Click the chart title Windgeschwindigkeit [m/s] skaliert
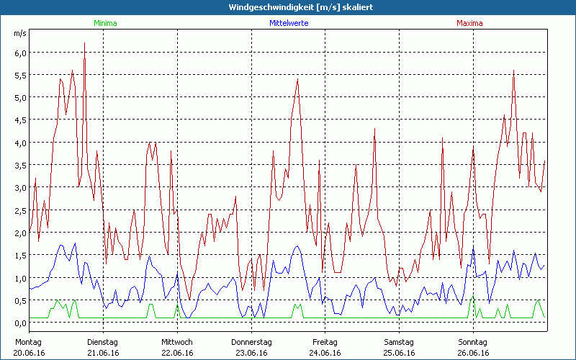(288, 6)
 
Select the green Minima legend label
(105, 23)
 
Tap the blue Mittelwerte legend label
(288, 23)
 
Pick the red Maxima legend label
(469, 23)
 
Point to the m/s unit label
(20, 33)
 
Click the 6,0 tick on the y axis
(20, 53)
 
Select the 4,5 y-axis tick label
(20, 120)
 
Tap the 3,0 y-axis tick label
(20, 188)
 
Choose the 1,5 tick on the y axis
(20, 256)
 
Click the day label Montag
(29, 342)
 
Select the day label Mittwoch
(177, 342)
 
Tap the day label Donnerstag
(251, 342)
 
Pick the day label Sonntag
(472, 342)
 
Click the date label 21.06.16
(103, 353)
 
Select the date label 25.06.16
(398, 353)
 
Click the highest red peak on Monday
(85, 43)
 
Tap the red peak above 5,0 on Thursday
(297, 80)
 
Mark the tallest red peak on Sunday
(513, 71)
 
